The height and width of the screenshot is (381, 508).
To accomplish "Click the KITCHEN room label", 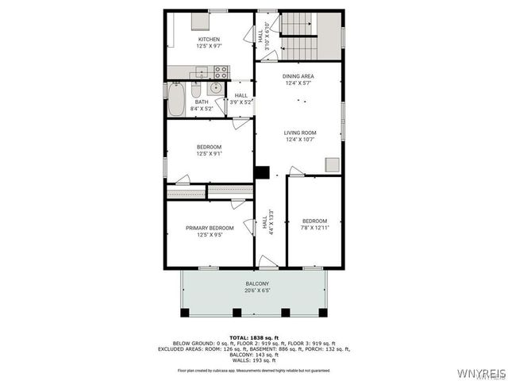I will point(209,40).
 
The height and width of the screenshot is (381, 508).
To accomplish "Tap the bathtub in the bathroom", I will point(176,101).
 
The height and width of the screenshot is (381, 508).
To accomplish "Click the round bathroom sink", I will point(216,88).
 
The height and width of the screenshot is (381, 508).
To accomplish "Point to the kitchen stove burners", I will point(221,72).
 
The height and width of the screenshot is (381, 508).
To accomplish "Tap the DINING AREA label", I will point(298,76).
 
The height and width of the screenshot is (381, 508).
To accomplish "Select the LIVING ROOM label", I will point(300,133).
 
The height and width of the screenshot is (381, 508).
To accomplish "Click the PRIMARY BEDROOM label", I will point(210,228).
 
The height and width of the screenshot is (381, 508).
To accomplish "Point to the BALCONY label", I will point(257,283).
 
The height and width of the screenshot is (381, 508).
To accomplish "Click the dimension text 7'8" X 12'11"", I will point(314,228).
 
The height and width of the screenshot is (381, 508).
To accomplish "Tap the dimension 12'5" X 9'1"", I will point(210,154).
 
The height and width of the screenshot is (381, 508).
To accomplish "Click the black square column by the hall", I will point(262,171).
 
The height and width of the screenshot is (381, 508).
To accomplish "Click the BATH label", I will point(202,102).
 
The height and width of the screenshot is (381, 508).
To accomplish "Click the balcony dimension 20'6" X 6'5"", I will point(257,291).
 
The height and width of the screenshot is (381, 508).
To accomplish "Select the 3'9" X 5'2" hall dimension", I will point(241,102).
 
